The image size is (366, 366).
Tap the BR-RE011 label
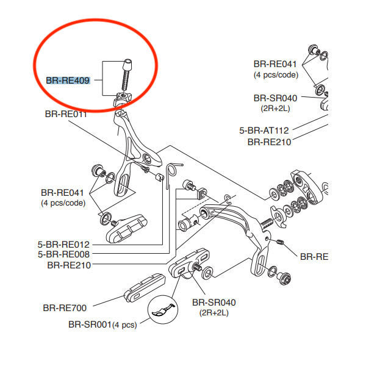tap(65, 114)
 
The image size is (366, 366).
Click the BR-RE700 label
tap(65, 308)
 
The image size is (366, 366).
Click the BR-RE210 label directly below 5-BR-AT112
tap(269, 142)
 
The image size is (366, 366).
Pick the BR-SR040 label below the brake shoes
tap(213, 302)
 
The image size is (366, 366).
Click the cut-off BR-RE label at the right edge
tap(314, 257)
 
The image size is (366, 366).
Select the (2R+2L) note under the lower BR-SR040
tap(213, 312)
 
